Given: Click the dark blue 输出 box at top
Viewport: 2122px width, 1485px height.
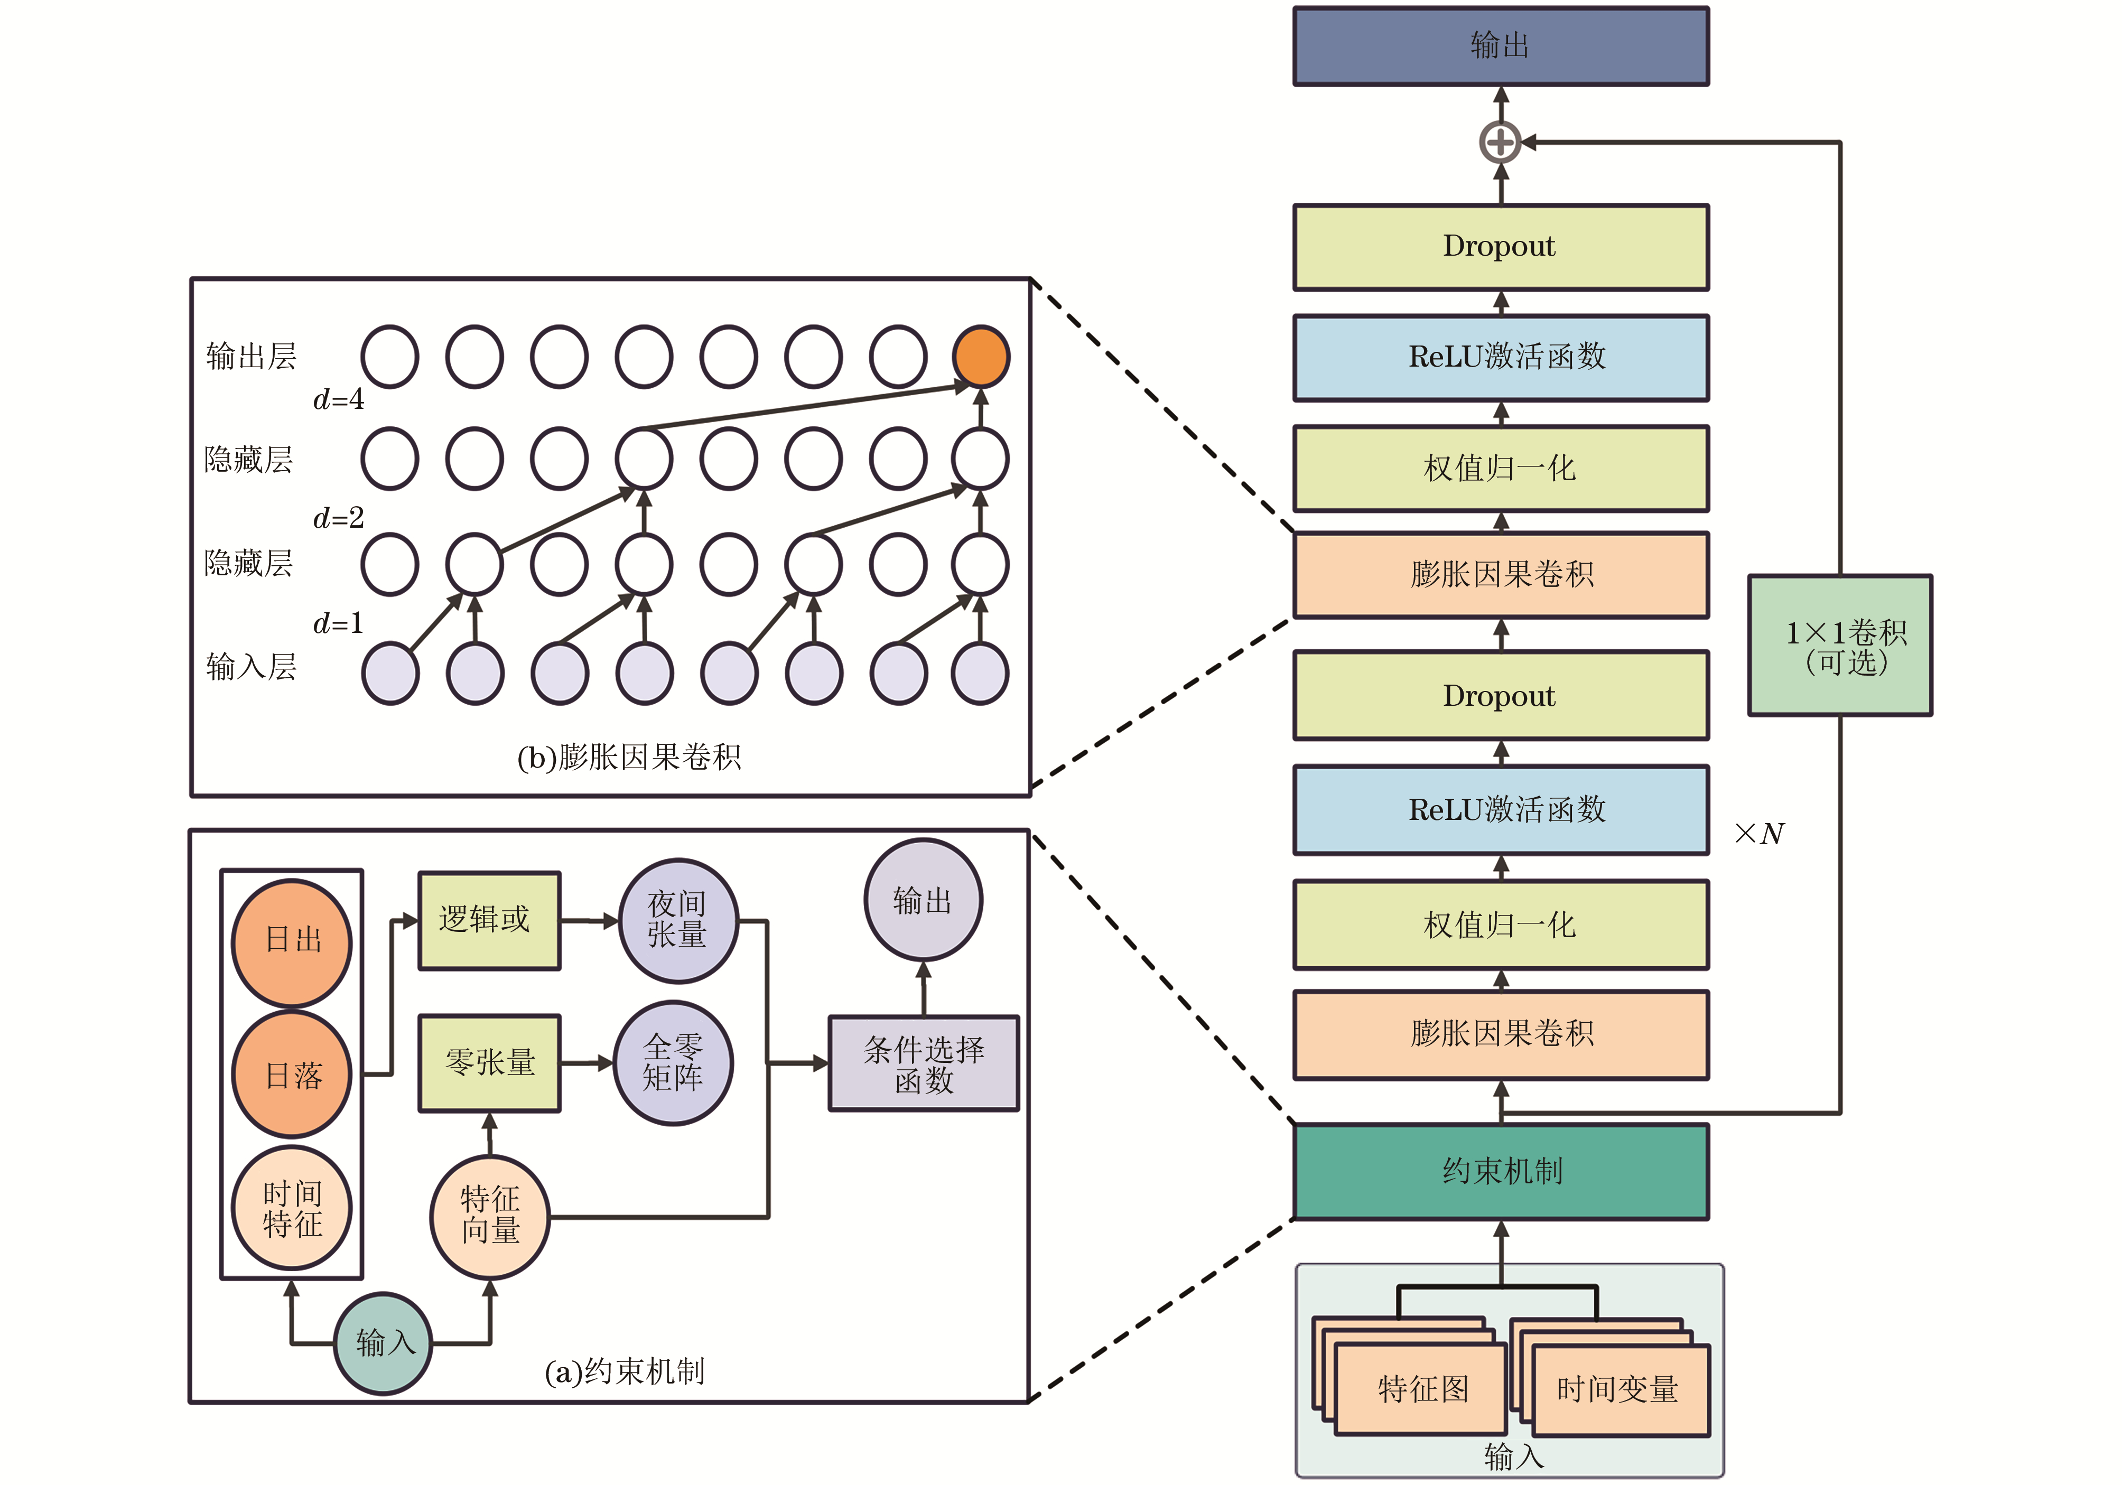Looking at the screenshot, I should pos(1500,46).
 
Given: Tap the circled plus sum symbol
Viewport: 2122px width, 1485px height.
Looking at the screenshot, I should pos(1500,142).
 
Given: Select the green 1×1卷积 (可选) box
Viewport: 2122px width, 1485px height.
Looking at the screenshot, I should pos(1839,645).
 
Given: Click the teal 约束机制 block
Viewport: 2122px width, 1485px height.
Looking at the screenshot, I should pos(1500,1171).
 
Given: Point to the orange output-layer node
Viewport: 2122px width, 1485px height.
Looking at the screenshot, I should pos(981,357).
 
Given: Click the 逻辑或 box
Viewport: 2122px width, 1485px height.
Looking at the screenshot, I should pos(489,920).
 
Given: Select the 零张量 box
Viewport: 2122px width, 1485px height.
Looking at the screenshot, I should pos(489,1063).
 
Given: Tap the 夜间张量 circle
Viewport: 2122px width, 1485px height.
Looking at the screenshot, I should pos(677,920).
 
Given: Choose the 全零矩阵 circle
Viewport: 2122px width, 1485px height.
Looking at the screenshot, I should pos(674,1063).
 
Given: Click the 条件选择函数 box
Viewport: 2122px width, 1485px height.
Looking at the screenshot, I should pos(923,1063).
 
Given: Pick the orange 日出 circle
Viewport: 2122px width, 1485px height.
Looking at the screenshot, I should pos(292,941).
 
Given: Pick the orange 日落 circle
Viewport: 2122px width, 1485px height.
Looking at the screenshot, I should pos(292,1075).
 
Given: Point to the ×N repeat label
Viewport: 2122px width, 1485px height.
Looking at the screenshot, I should pos(1759,834).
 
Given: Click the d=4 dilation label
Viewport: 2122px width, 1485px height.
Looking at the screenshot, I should pos(338,399).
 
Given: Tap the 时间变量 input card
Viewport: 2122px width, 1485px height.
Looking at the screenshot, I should pos(1618,1389).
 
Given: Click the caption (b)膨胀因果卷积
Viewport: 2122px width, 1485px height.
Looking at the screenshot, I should pos(628,758).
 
